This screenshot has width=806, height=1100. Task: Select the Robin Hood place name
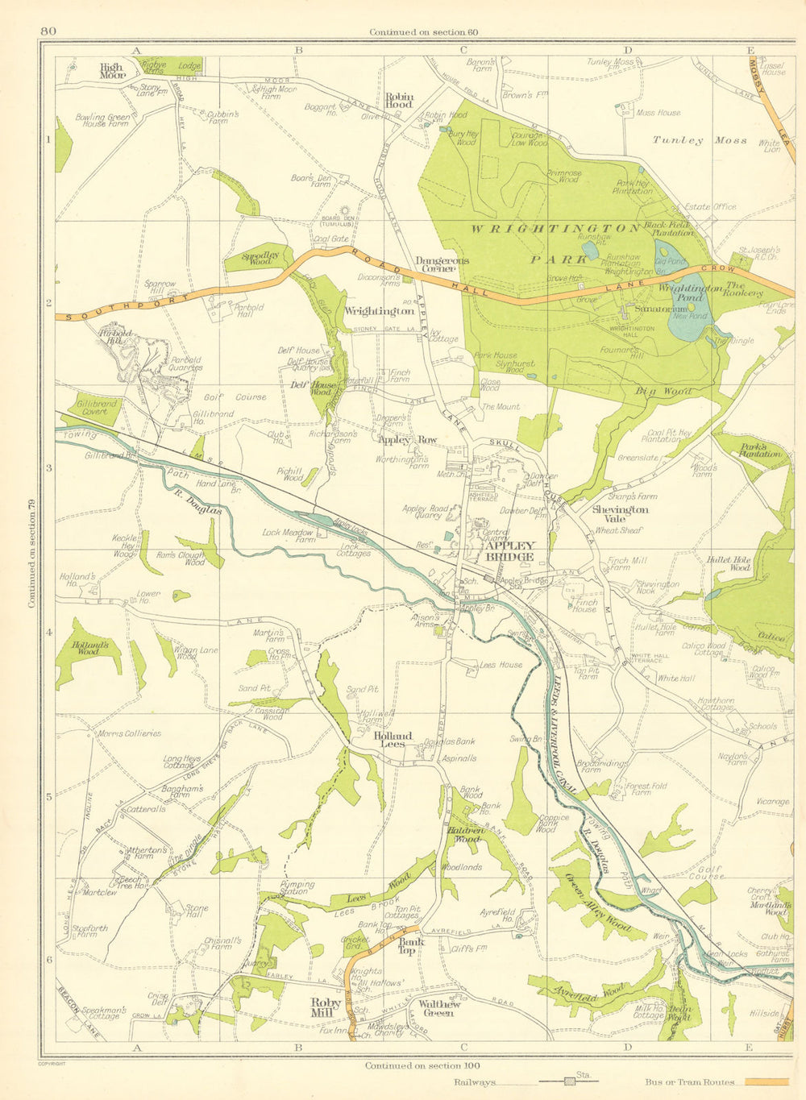click(x=398, y=99)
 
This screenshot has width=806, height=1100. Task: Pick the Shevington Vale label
click(x=620, y=513)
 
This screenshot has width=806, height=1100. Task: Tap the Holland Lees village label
click(x=393, y=739)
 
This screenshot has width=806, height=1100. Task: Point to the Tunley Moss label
click(x=700, y=140)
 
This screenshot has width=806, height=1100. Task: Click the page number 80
click(x=48, y=31)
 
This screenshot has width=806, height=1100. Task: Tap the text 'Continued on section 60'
click(x=424, y=32)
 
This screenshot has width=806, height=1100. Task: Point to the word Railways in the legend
click(x=476, y=1084)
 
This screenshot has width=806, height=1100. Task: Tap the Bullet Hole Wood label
click(x=729, y=562)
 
